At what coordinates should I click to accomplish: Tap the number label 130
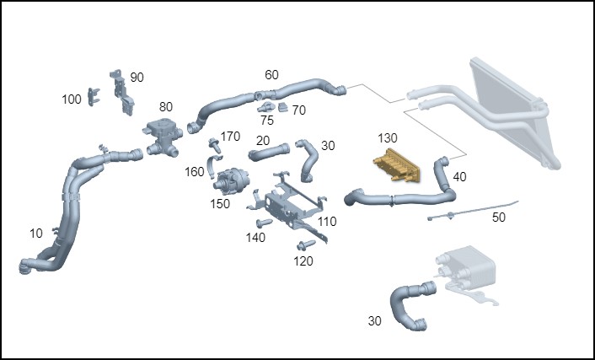[388, 138]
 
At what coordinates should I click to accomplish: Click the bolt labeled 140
[264, 223]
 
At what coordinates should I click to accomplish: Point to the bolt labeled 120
[306, 245]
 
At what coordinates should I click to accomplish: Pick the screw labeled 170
[214, 145]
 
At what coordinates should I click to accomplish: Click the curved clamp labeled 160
[213, 166]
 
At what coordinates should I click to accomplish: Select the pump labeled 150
[231, 180]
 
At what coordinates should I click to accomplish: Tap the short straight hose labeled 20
[269, 152]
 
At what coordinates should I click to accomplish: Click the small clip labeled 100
[93, 96]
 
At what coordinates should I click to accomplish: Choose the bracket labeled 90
[122, 92]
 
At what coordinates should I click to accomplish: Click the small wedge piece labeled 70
[283, 107]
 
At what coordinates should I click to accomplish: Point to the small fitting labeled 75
[266, 107]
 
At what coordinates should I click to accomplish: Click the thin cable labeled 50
[473, 211]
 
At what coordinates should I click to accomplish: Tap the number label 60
[271, 75]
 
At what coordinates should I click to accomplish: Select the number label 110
[327, 222]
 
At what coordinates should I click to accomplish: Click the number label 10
[36, 234]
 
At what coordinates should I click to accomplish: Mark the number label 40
[459, 176]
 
